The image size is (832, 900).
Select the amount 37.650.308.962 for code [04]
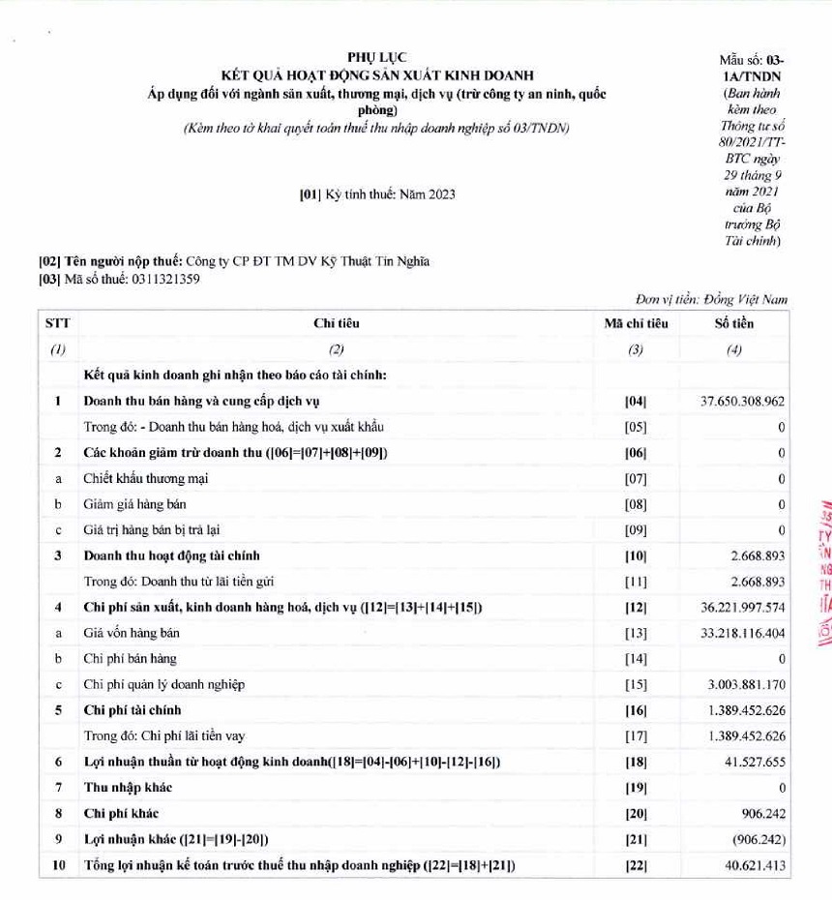740,401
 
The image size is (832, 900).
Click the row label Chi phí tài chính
133,710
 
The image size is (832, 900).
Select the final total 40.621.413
754,865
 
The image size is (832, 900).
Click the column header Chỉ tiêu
337,323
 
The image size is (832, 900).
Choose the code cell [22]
636,865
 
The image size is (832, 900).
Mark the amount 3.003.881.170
746,684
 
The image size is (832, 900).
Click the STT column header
58,323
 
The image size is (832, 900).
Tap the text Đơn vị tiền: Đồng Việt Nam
711,301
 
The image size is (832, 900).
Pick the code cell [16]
636,710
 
